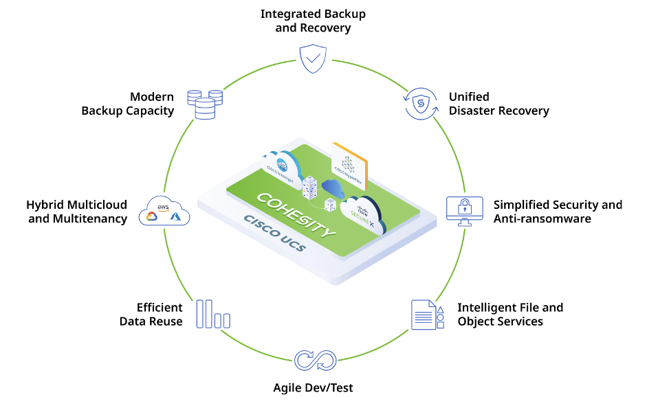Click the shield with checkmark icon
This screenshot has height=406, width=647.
pos(314,60)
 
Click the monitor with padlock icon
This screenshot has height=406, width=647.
pos(464,211)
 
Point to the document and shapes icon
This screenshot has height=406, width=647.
pos(427,315)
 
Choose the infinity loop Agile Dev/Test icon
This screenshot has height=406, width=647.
pos(314,360)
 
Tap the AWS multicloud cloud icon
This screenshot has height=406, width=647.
pos(164,210)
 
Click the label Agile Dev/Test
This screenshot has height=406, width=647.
pos(313,388)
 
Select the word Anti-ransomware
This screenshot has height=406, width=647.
pos(542,218)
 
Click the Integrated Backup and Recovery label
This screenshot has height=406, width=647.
pos(314,21)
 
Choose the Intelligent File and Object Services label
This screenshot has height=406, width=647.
pos(510,315)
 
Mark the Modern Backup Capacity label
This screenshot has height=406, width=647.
pos(128,104)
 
